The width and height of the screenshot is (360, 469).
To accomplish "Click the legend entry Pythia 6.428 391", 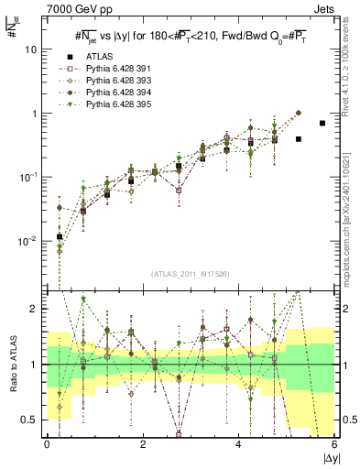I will (115, 69).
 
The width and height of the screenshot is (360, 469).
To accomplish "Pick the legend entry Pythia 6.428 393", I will (115, 81).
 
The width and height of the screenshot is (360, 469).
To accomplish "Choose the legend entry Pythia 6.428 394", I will (115, 93).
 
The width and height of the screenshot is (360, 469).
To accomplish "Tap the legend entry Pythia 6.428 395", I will (115, 104).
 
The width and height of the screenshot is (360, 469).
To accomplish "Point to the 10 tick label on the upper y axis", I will (30, 49).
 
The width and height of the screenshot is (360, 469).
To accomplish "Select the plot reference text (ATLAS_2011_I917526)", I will (191, 276).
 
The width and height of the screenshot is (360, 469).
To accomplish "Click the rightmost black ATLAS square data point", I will (322, 123).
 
